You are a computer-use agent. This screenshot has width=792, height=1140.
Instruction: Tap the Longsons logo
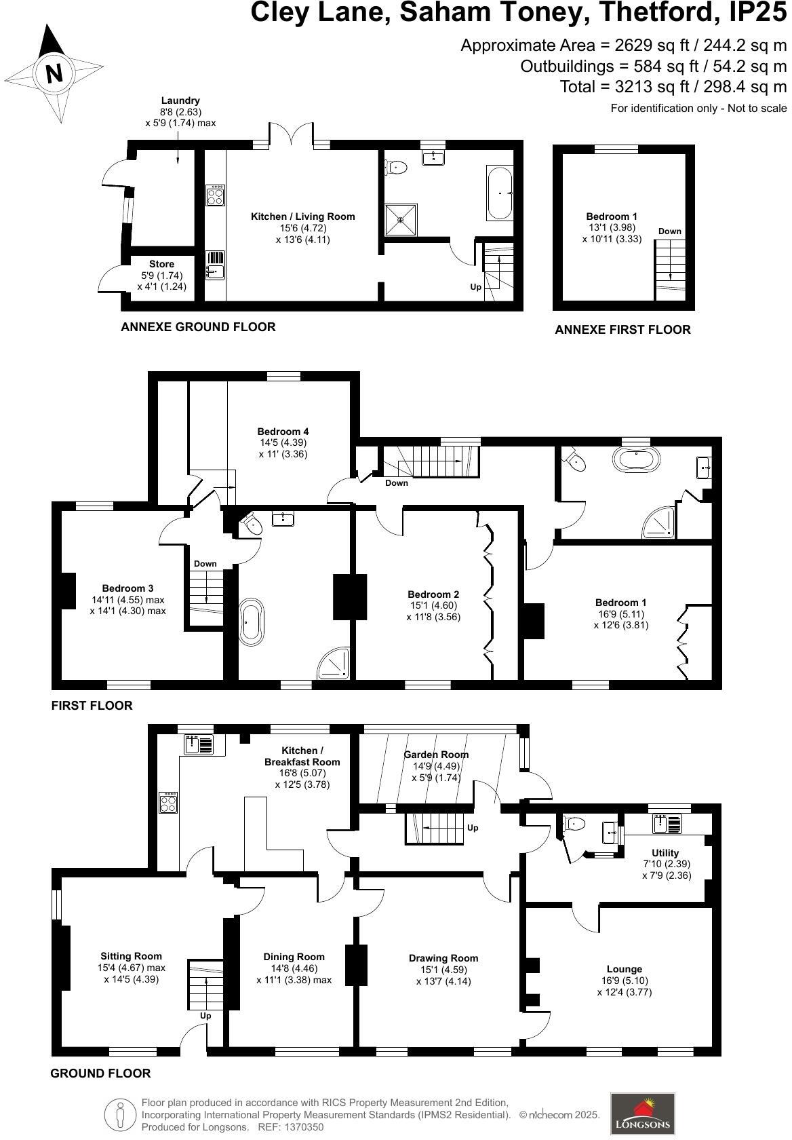(642, 1114)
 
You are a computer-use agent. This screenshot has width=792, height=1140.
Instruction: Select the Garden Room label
(436, 755)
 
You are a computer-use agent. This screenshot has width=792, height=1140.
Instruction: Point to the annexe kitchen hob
(216, 195)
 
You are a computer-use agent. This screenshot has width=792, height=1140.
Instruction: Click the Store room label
(161, 264)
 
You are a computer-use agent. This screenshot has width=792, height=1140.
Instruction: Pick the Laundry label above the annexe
(180, 100)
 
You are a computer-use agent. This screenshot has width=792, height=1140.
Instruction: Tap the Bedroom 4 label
(283, 432)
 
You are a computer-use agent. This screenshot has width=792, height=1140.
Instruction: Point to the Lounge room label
(624, 969)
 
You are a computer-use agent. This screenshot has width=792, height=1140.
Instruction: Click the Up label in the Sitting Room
(205, 1016)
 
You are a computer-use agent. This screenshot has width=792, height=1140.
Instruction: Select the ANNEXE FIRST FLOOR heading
(622, 330)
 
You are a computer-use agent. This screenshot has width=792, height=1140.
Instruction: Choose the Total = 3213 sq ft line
(673, 87)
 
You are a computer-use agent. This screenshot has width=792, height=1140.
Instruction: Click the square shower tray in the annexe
(401, 219)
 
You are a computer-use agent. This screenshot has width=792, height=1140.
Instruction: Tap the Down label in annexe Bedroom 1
(669, 231)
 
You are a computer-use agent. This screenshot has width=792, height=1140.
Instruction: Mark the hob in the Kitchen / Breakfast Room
(168, 803)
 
